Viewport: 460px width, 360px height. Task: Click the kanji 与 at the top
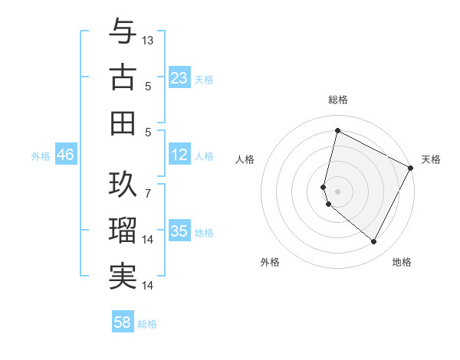pyautogui.click(x=123, y=32)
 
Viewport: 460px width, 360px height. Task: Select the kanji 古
pyautogui.click(x=123, y=77)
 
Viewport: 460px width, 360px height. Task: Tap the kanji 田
pyautogui.click(x=123, y=123)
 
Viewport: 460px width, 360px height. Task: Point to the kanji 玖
pyautogui.click(x=123, y=183)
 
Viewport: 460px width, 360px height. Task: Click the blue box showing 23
pyautogui.click(x=179, y=78)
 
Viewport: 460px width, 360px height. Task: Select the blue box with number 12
pyautogui.click(x=179, y=155)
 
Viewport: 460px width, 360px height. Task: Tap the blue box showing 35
pyautogui.click(x=179, y=232)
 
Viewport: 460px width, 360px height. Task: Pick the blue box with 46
pyautogui.click(x=65, y=155)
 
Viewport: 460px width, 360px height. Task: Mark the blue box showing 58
pyautogui.click(x=123, y=322)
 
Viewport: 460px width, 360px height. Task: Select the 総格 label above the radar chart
pyautogui.click(x=338, y=100)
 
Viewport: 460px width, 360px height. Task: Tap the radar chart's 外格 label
pyautogui.click(x=270, y=262)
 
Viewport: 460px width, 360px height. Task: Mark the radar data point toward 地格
pyautogui.click(x=373, y=241)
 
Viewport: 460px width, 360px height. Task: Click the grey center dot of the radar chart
pyautogui.click(x=337, y=190)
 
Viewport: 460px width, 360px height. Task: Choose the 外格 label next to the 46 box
pyautogui.click(x=41, y=155)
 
